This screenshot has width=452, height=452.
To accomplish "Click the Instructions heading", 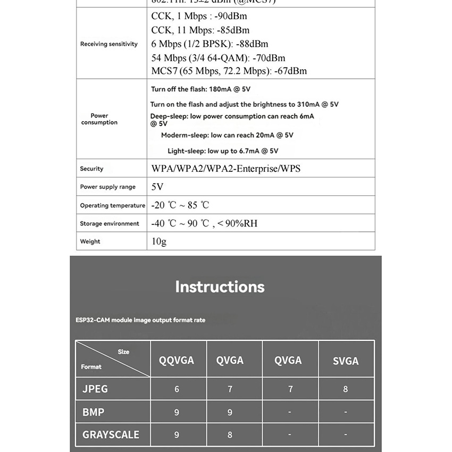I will [x=220, y=287].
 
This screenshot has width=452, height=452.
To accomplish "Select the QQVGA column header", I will [x=177, y=361].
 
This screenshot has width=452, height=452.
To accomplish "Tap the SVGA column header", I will [x=346, y=361].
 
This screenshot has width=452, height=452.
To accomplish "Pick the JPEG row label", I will [x=95, y=389].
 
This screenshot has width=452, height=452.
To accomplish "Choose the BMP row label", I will [x=94, y=412].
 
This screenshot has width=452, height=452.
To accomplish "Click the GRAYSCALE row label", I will [x=111, y=434].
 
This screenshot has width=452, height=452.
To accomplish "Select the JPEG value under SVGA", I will [x=346, y=389].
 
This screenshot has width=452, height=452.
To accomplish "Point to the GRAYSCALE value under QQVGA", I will [x=177, y=434].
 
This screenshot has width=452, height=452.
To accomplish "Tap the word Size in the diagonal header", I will [x=123, y=352].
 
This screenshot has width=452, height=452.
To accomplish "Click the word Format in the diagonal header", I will [x=91, y=367].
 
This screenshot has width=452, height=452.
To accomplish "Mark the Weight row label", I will [x=90, y=241].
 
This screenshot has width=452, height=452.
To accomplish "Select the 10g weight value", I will [x=159, y=241].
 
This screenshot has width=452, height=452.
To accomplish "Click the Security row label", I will [x=91, y=169].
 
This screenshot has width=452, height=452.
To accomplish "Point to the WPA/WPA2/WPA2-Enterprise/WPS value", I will [x=226, y=169].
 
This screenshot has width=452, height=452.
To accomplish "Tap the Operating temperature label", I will [x=112, y=205].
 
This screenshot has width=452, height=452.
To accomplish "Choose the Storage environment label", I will [x=110, y=224].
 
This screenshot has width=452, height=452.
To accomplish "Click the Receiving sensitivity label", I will [x=108, y=44].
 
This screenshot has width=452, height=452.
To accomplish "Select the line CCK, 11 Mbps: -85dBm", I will [x=200, y=30].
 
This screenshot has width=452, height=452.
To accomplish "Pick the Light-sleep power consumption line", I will [x=223, y=151].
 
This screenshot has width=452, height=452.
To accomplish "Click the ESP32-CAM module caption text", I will [x=140, y=320].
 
